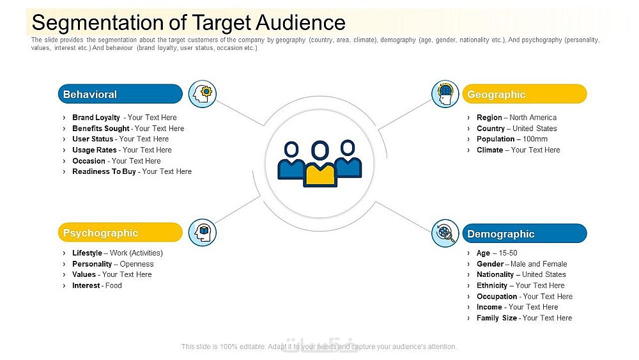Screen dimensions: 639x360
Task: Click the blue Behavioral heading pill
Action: click(120, 94)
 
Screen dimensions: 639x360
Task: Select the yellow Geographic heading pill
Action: click(525, 94)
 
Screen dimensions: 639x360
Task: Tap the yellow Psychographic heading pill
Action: click(120, 232)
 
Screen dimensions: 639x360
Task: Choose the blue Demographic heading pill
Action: click(525, 233)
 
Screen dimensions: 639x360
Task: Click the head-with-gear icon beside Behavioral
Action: click(203, 94)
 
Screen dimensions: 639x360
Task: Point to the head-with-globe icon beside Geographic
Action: click(445, 94)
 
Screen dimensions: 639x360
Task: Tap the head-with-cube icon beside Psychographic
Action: click(203, 232)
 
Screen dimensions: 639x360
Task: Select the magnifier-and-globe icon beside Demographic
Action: click(445, 233)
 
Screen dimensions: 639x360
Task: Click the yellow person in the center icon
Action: click(320, 165)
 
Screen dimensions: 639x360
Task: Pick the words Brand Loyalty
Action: click(96, 118)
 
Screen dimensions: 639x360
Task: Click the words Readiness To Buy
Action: click(104, 171)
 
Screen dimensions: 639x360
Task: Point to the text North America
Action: click(533, 118)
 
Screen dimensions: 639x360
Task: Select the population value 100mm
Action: click(535, 139)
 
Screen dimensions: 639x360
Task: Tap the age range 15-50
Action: click(508, 253)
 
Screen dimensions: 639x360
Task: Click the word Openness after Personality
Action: click(137, 264)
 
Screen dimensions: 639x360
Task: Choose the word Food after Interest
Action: click(113, 285)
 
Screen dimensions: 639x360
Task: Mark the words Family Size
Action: click(497, 318)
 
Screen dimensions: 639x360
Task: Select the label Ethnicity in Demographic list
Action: click(492, 285)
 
